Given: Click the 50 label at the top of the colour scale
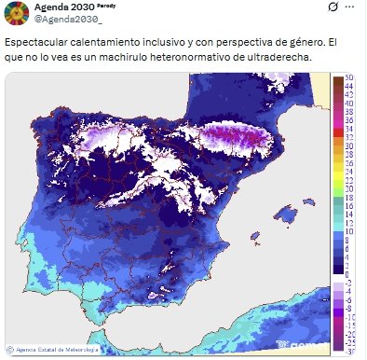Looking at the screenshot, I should coord(348,76).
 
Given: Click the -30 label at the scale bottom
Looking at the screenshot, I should coord(348,352).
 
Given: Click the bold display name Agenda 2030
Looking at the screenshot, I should coord(61,7).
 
